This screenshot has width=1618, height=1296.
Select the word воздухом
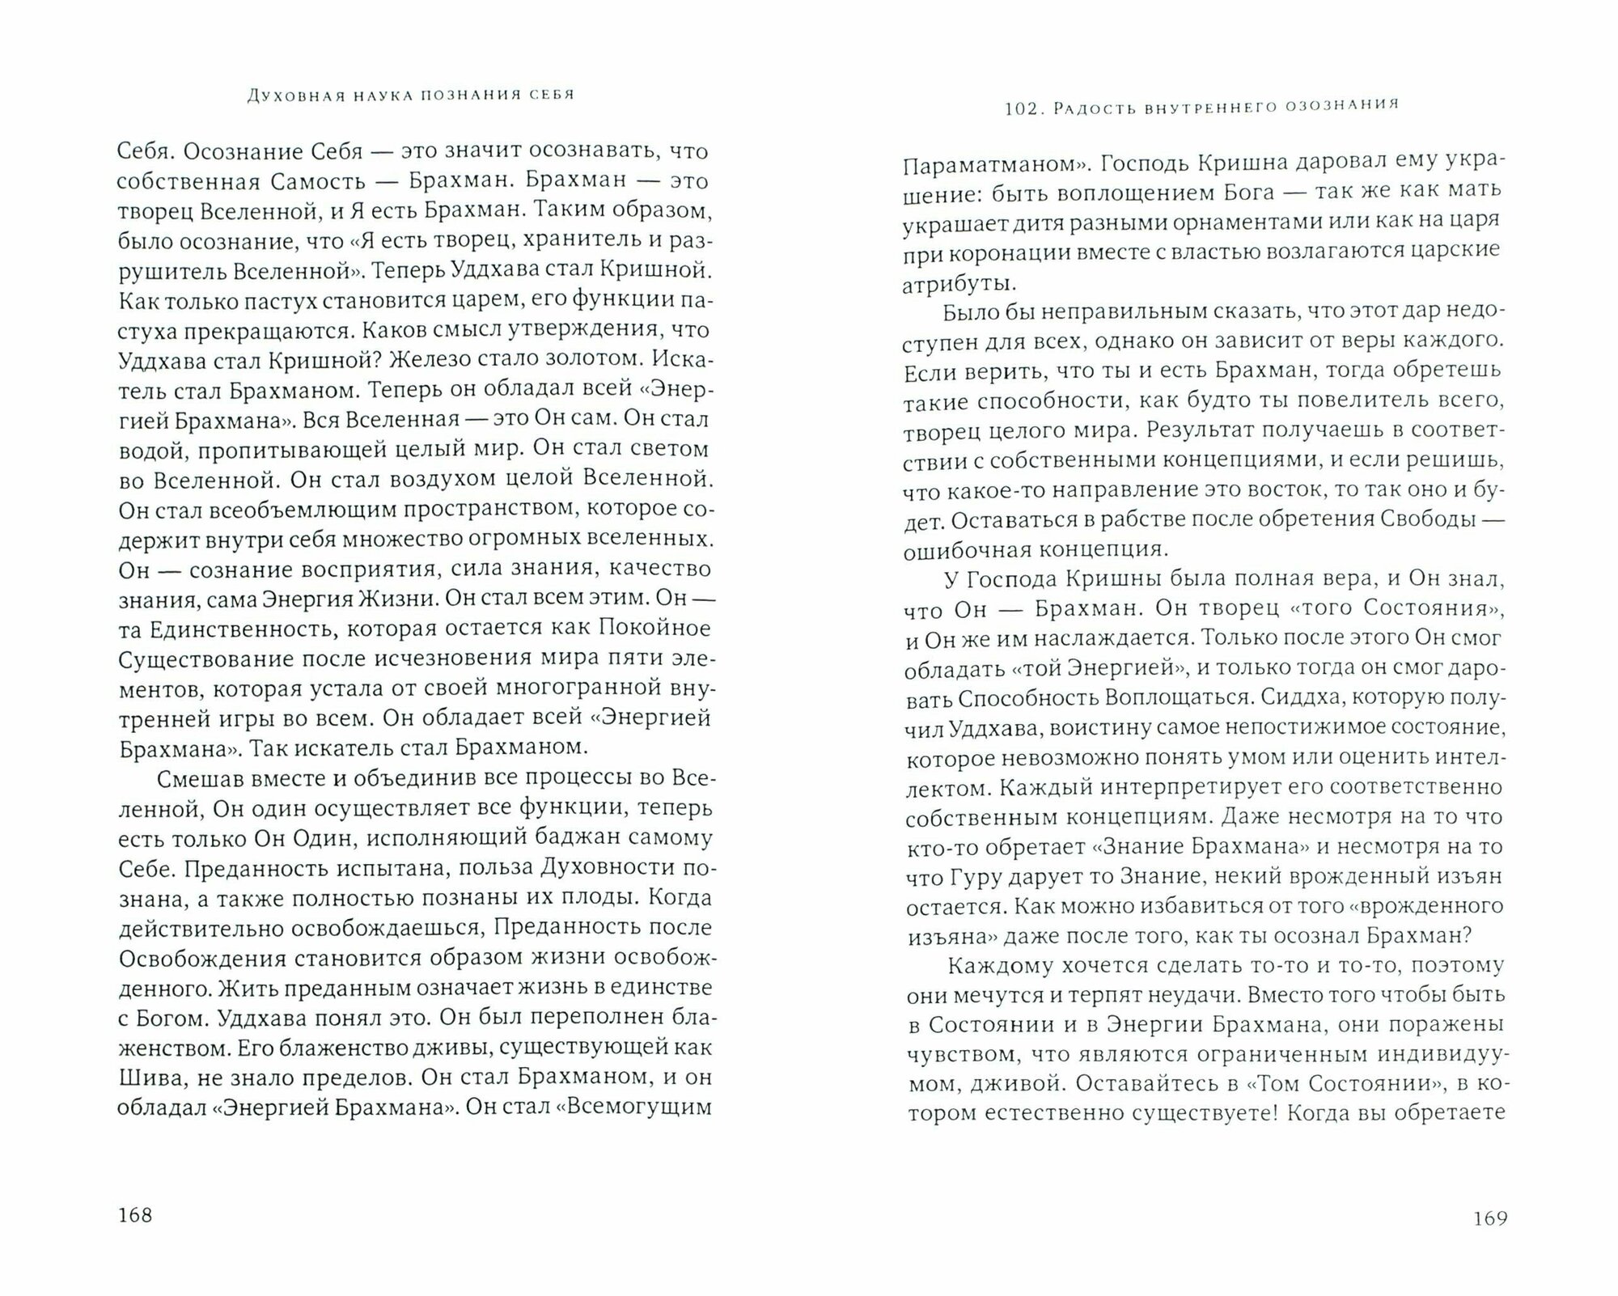pos(431,478)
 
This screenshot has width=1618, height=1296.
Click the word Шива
pos(145,1077)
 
